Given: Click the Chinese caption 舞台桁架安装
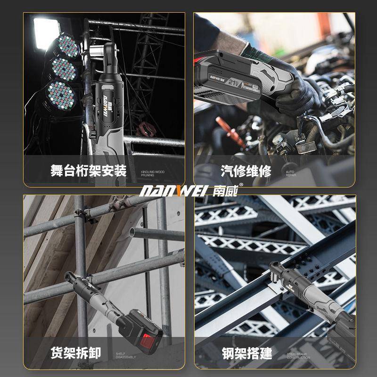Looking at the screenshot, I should (x=89, y=171).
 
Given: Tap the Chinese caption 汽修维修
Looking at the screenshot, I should (x=246, y=171).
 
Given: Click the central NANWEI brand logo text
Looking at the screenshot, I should (x=165, y=191).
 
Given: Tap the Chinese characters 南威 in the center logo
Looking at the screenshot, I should (x=227, y=191).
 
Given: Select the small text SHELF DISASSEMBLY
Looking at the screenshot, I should (x=126, y=355).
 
